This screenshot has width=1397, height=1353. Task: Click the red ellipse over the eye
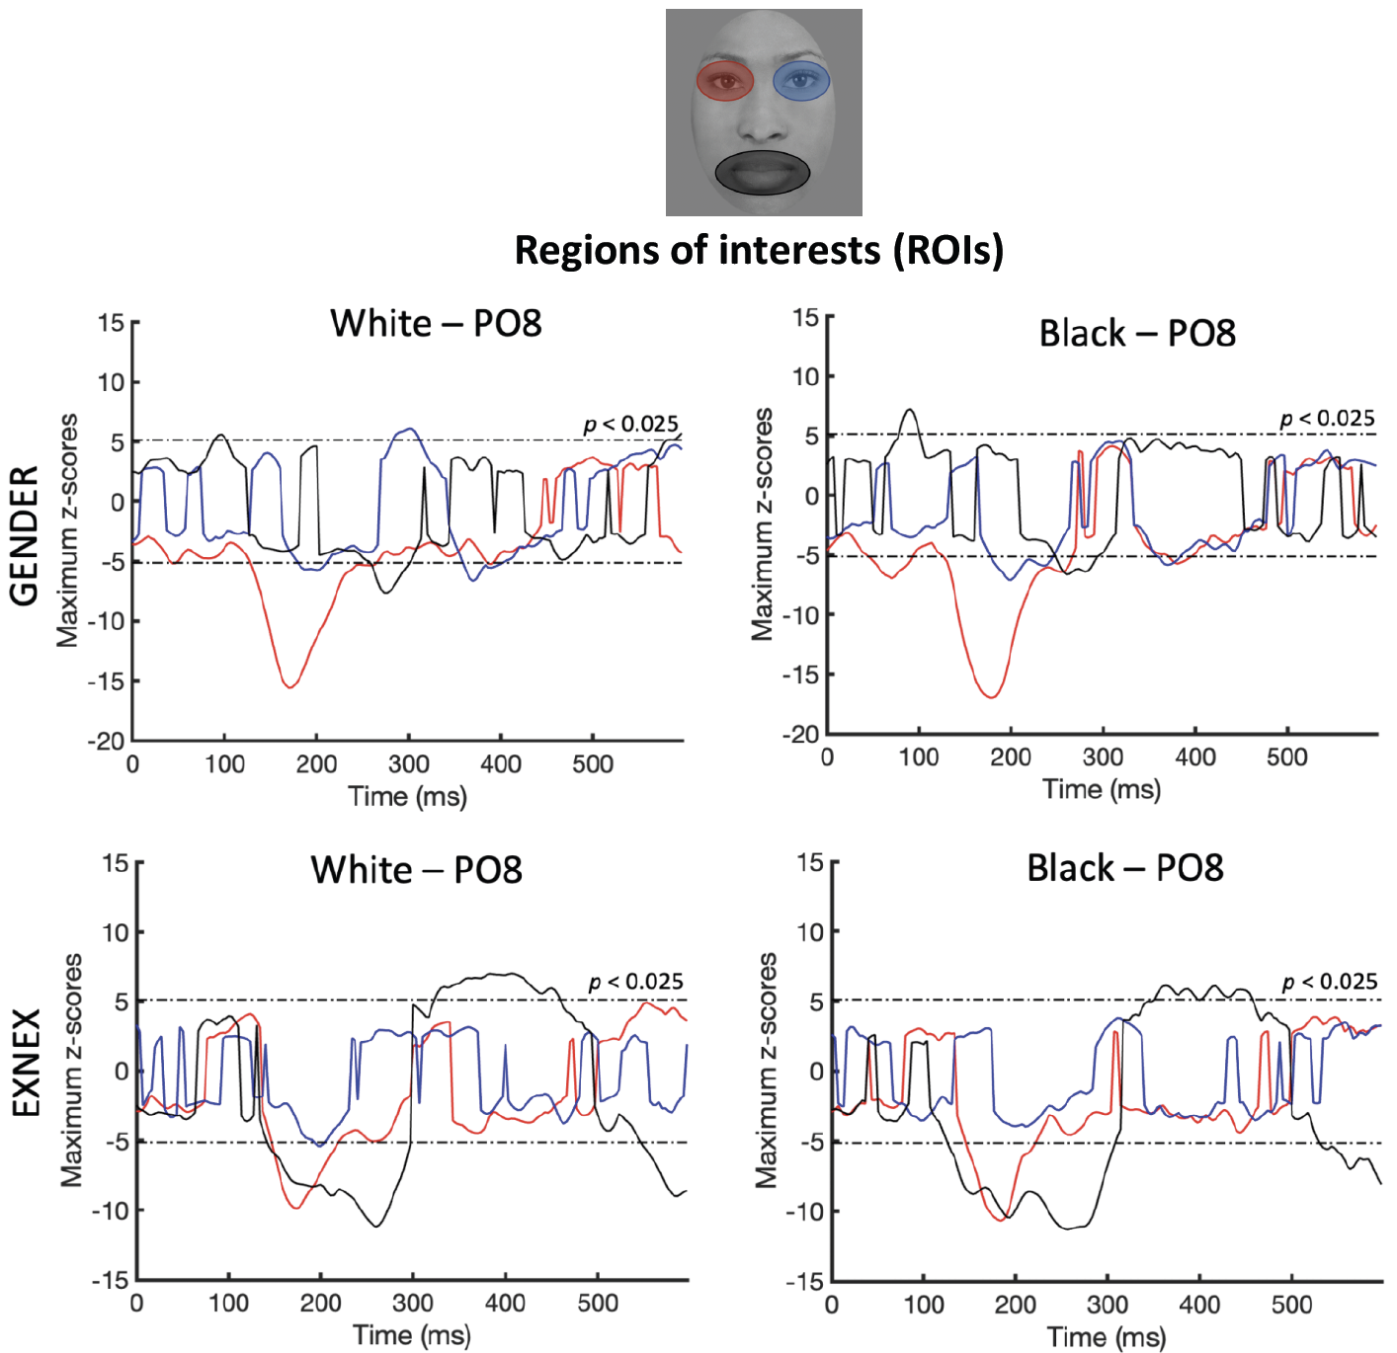(x=725, y=81)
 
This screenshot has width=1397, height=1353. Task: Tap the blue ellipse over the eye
(x=801, y=81)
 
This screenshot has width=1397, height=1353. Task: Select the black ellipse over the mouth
(x=763, y=173)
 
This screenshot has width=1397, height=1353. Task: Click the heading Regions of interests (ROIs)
(x=759, y=250)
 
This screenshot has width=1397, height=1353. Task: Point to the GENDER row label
(x=24, y=534)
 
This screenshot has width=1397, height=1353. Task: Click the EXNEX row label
(x=26, y=1063)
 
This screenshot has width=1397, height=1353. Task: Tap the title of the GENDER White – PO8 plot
(x=436, y=323)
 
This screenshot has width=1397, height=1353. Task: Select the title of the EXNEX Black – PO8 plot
(x=1125, y=868)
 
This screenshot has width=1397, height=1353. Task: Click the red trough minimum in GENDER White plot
(x=289, y=685)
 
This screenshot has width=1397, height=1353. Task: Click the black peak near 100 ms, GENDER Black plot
(x=910, y=410)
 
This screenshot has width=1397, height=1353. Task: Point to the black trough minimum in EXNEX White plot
(x=376, y=1227)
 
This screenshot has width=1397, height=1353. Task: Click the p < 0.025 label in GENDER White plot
(x=631, y=424)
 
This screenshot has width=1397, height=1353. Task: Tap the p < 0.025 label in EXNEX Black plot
(x=1330, y=982)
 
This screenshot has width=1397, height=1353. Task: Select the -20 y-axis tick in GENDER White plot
(x=111, y=741)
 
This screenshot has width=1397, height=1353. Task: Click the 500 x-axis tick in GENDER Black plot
(x=1286, y=757)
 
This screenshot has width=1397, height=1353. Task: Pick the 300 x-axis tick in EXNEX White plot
(x=413, y=1304)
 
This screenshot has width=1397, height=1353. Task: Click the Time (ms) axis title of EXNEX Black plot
(x=1106, y=1337)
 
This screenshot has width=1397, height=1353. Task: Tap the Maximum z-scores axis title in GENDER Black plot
(x=762, y=524)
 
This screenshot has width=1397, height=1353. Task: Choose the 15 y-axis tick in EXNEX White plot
(x=117, y=863)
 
